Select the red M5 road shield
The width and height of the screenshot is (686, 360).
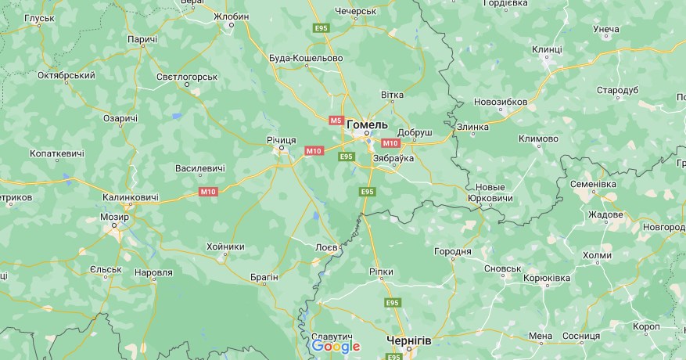pos(336,121)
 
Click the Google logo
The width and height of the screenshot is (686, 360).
pos(336,346)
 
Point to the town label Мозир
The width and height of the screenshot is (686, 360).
pos(114,217)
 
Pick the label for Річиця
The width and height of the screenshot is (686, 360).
pos(281,139)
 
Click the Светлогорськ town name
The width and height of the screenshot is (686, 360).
pos(186,77)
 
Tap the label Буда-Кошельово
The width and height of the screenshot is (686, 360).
pos(306,58)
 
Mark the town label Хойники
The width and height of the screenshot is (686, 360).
pos(225,247)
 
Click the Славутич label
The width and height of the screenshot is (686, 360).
pos(331,336)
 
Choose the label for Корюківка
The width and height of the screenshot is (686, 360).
pos(547,278)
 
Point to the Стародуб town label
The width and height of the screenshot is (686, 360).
pos(618,91)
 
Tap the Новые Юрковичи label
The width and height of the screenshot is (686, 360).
pos(490,193)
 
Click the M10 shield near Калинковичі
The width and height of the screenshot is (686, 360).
pos(208,192)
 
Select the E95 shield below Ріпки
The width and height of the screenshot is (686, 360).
pos(392,302)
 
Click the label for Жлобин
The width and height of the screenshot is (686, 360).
pos(231,16)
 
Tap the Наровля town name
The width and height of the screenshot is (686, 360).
pos(153,272)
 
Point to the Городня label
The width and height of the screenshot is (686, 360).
pos(453,251)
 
